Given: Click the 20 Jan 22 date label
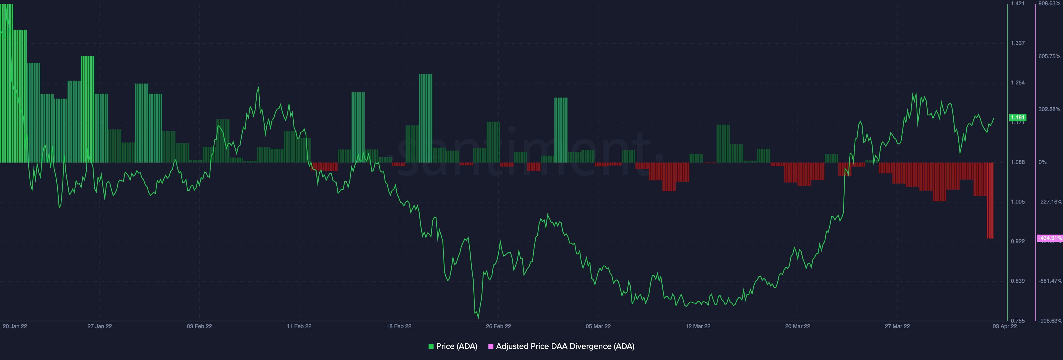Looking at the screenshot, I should pyautogui.click(x=15, y=326).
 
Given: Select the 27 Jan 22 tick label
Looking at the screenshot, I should pyautogui.click(x=99, y=326).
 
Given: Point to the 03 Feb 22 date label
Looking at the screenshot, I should pyautogui.click(x=199, y=326).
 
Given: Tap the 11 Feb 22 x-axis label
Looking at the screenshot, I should pyautogui.click(x=299, y=326).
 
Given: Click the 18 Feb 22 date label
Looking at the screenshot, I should pyautogui.click(x=399, y=326).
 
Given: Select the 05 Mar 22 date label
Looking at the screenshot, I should pyautogui.click(x=598, y=326).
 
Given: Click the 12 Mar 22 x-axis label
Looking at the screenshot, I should pyautogui.click(x=698, y=326).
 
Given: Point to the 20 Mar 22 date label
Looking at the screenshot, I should pyautogui.click(x=797, y=326).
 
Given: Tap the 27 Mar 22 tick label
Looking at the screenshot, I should pyautogui.click(x=897, y=326).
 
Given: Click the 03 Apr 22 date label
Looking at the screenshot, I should pyautogui.click(x=1004, y=326).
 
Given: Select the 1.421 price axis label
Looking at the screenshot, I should pyautogui.click(x=1017, y=3).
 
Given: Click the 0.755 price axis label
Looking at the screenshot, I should pyautogui.click(x=1017, y=321).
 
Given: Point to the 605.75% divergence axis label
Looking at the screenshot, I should pyautogui.click(x=1049, y=56).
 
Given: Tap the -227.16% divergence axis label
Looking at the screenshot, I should pyautogui.click(x=1050, y=202).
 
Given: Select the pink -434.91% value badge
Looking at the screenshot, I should pyautogui.click(x=1050, y=238).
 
